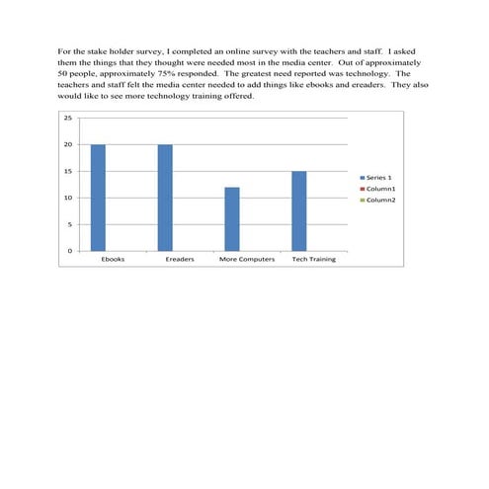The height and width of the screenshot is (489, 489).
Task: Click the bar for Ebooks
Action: [98, 198]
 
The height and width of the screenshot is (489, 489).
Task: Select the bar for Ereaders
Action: [165, 198]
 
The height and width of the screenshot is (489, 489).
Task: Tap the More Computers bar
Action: [232, 218]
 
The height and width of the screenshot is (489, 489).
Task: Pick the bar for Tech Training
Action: [298, 210]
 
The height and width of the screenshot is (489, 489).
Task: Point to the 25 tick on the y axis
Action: [68, 118]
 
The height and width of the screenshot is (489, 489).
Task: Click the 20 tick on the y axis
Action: [68, 144]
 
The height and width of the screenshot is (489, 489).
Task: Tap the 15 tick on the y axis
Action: [68, 171]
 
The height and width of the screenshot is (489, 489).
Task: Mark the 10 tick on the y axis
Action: [68, 198]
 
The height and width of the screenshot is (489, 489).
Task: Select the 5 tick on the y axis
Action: [69, 224]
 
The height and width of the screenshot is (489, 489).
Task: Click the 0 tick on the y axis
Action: [69, 251]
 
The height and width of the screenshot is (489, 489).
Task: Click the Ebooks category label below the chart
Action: [113, 260]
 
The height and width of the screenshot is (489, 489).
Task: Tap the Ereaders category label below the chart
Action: [180, 260]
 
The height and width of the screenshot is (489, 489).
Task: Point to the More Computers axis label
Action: [246, 260]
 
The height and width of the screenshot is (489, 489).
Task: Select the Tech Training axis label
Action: [313, 260]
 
